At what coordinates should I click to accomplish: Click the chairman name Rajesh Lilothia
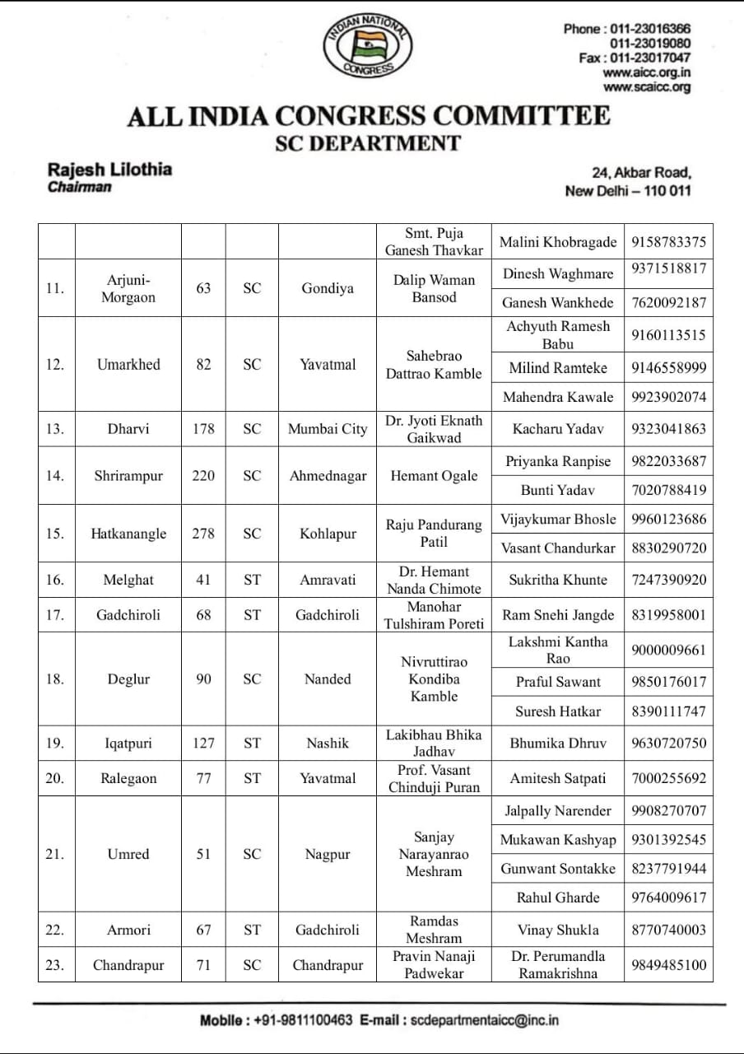click(109, 169)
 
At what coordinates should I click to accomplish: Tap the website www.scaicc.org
click(646, 87)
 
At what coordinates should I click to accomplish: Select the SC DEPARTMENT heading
click(367, 143)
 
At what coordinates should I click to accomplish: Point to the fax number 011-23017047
click(649, 58)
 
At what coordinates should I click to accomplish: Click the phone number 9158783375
click(668, 242)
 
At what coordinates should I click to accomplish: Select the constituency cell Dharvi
click(128, 429)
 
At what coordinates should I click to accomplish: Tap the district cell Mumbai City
click(328, 429)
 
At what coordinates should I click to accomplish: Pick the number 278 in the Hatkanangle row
click(203, 534)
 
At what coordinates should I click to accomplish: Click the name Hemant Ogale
click(434, 476)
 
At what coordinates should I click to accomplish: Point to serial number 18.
click(54, 679)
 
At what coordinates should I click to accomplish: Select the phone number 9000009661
click(668, 651)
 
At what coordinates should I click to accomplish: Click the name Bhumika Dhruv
click(557, 743)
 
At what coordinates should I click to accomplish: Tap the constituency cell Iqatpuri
click(128, 743)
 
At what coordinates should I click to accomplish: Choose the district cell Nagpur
click(328, 854)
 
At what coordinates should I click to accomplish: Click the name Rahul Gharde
click(557, 898)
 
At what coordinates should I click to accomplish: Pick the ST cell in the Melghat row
click(252, 580)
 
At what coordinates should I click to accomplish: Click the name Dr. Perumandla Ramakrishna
click(557, 965)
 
